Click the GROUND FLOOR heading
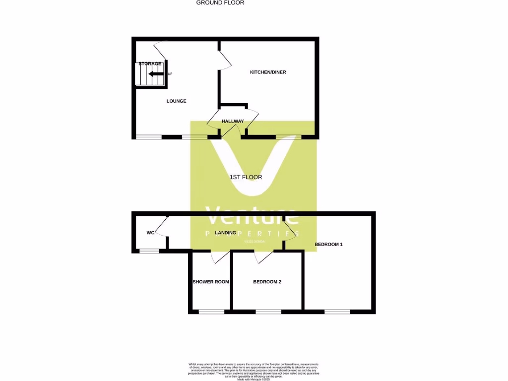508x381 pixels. pos(220,2)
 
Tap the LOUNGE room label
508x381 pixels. pos(176,101)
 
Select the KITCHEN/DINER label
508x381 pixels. pos(268,72)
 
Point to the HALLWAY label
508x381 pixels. pos(233,122)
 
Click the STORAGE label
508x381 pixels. pos(150,64)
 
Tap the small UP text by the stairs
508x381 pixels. pos(170,74)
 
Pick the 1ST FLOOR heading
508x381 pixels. pos(246,177)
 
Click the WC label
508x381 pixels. pos(151,233)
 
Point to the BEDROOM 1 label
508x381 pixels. pos(329,245)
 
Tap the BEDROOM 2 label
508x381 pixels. pos(267,282)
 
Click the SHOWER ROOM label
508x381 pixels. pos(211,282)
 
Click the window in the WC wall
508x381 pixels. pos(149,251)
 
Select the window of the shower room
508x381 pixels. pos(211,312)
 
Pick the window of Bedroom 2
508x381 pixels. pos(268,312)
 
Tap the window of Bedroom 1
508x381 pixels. pos(337,312)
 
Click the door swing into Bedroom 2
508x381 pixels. pos(264,256)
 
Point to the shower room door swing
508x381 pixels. pos(220,256)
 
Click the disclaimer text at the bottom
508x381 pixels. pos(254,372)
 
